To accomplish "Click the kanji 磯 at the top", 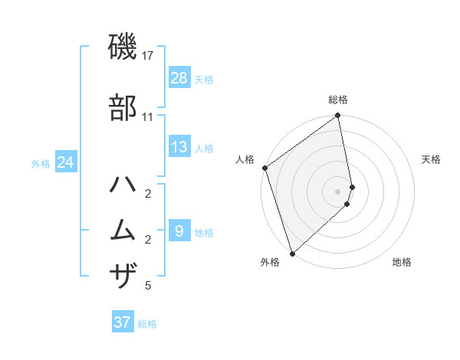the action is [x=123, y=47].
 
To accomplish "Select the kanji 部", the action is [x=123, y=107].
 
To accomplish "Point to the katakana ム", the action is [x=123, y=229].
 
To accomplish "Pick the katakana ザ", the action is [x=123, y=274].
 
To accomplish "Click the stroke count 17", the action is [x=148, y=55].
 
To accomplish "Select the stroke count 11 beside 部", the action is [x=148, y=116].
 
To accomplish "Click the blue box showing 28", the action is [x=179, y=78].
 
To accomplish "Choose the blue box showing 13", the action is [x=179, y=147].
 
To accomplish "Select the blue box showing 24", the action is [x=66, y=162].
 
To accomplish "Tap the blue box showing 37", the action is [x=123, y=322].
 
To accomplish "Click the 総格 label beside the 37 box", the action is [x=147, y=324].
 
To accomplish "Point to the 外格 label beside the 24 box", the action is [x=41, y=163].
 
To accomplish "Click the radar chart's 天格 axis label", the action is [x=431, y=159].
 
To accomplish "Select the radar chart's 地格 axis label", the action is [x=402, y=262].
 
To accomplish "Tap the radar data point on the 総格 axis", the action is [x=338, y=116].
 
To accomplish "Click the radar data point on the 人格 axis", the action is [x=264, y=168].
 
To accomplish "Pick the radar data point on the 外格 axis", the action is [x=291, y=253].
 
